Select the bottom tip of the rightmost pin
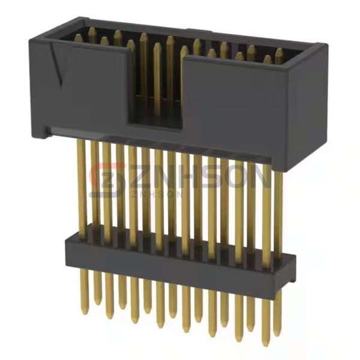(277, 332)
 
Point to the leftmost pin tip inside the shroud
(79, 38)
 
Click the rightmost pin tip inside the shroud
(279, 53)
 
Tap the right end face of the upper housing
(311, 108)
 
